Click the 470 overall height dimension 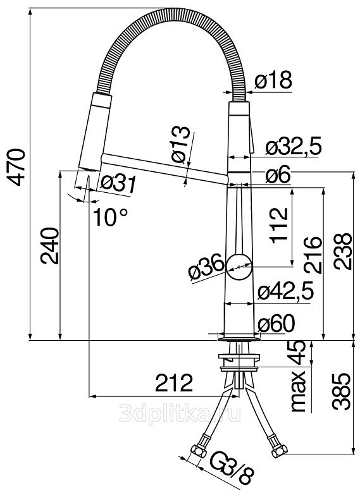click(x=16, y=168)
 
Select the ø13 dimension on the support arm click(x=180, y=145)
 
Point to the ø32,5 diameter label click(x=294, y=147)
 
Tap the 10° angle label click(x=110, y=217)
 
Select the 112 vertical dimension click(x=279, y=226)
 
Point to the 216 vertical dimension click(x=313, y=255)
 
